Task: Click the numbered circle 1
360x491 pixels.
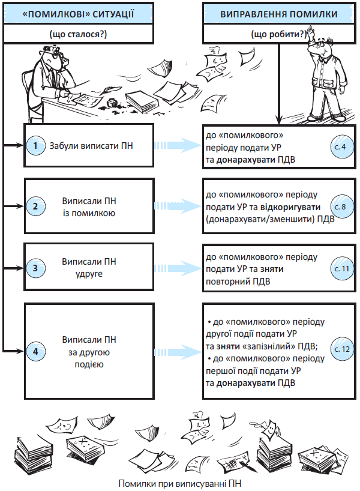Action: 36,145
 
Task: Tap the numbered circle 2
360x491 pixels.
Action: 36,206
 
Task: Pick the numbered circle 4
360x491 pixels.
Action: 36,351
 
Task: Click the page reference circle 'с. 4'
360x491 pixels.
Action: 340,145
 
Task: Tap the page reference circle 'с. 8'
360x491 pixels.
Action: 340,206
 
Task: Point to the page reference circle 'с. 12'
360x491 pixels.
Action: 340,348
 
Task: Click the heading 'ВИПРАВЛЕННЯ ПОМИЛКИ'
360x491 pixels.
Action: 278,13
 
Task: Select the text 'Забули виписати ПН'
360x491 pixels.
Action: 91,145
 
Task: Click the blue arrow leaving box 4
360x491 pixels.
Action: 178,349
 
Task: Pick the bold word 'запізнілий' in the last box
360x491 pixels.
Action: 262,347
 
